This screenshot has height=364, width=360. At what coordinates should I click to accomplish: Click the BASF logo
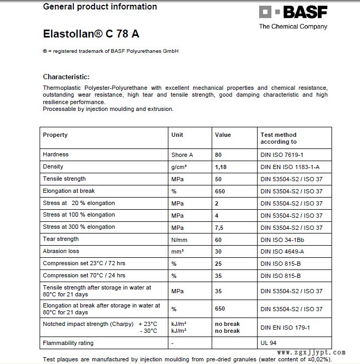pyautogui.click(x=293, y=13)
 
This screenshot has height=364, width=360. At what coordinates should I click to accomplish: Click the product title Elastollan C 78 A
pyautogui.click(x=91, y=33)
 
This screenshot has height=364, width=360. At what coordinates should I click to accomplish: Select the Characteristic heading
pyautogui.click(x=66, y=77)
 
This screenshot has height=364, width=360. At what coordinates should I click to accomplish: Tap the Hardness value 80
pyautogui.click(x=219, y=155)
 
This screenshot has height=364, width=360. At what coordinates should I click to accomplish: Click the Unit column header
pyautogui.click(x=177, y=135)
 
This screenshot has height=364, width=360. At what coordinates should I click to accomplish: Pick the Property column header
pyautogui.click(x=55, y=135)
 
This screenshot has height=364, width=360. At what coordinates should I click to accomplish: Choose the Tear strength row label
pyautogui.click(x=61, y=239)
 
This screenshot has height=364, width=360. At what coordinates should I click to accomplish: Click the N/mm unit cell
pyautogui.click(x=180, y=239)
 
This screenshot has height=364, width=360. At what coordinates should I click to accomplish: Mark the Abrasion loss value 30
pyautogui.click(x=219, y=251)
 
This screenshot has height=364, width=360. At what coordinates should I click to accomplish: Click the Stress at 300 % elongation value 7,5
pyautogui.click(x=220, y=227)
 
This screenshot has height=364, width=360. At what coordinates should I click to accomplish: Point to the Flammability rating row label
pyautogui.click(x=68, y=343)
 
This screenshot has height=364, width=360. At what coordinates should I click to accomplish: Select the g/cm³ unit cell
pyautogui.click(x=179, y=167)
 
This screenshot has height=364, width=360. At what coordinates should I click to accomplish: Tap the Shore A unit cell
pyautogui.click(x=182, y=155)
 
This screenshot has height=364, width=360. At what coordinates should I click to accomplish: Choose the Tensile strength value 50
pyautogui.click(x=219, y=179)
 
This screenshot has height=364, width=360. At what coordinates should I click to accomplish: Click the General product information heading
pyautogui.click(x=100, y=7)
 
